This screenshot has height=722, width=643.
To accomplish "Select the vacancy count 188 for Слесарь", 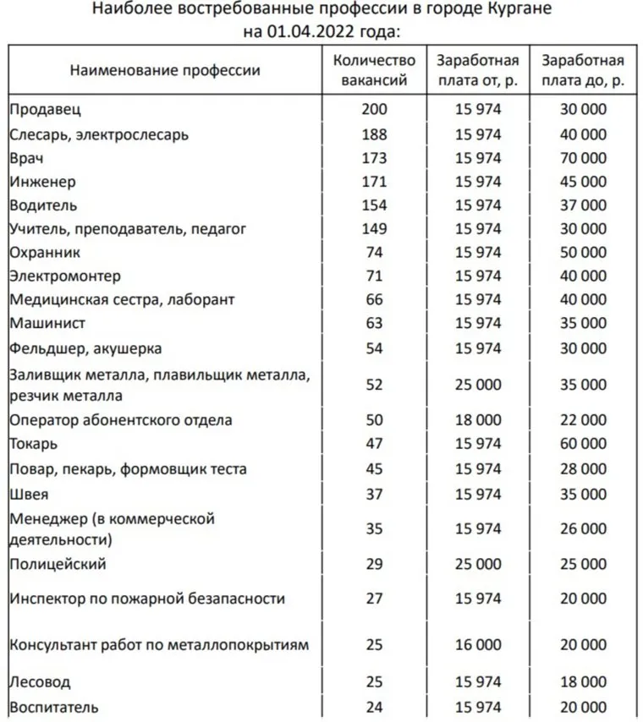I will point(374,134).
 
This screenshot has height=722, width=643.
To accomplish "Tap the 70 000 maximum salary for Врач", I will point(583,157).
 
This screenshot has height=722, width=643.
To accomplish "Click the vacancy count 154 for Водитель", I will point(374,205).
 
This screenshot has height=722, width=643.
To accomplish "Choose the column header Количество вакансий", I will point(374,70).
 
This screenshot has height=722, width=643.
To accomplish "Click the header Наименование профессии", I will point(165,70).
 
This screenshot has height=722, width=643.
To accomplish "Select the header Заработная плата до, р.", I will point(583,70).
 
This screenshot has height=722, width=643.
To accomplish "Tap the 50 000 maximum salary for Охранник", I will point(583,252).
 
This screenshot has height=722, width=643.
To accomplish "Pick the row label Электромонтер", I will point(65,276).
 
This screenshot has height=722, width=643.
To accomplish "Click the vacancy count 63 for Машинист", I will point(374,323).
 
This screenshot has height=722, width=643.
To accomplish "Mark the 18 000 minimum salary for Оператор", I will point(478,420).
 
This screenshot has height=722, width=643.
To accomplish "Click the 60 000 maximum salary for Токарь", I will point(583,444).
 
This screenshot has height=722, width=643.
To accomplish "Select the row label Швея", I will point(29,494).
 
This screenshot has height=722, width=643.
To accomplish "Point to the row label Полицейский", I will point(58,563).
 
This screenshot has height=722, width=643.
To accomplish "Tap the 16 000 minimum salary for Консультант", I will point(478,645).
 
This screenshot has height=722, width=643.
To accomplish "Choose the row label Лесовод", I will point(40,681).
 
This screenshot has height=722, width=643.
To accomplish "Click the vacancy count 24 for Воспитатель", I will point(374,707).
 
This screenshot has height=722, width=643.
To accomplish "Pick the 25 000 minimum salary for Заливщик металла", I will point(478,385).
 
